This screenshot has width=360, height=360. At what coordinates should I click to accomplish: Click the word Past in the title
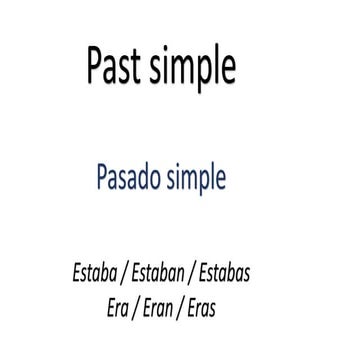117,67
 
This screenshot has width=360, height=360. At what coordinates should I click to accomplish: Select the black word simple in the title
193,68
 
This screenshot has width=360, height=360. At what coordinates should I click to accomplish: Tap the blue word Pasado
135,179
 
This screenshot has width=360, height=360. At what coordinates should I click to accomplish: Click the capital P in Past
96,67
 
